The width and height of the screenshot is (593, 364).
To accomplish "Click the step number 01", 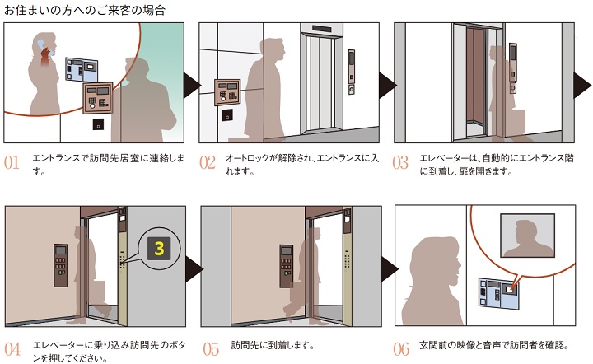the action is [12, 163].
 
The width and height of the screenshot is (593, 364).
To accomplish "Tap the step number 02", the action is [208, 163].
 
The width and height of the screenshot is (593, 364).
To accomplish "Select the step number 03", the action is [400, 163].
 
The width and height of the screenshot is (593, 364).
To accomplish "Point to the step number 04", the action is [12, 349].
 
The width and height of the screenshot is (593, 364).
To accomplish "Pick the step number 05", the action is [211, 349].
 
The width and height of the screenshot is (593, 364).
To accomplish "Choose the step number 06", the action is [401, 349].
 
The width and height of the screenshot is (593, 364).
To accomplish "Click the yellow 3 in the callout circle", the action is [159, 249].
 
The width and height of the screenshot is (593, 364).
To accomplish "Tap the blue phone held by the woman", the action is [41, 46].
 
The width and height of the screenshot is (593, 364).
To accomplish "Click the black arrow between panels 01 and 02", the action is [192, 86].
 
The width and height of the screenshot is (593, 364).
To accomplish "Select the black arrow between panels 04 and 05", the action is [194, 269].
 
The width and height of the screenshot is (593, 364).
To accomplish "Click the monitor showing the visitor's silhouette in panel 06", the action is [528, 235].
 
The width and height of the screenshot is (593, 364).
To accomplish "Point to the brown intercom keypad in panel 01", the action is [98, 97].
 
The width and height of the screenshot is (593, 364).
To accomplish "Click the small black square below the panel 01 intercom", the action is [98, 124].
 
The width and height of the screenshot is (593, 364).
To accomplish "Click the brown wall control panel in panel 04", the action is [60, 265].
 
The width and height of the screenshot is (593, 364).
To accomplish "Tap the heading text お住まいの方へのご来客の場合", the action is [84, 9].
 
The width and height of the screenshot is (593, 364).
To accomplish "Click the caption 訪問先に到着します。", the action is [273, 345].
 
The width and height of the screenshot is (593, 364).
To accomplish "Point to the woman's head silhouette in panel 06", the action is [436, 264].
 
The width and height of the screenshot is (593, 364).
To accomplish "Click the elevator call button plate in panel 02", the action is [352, 90].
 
